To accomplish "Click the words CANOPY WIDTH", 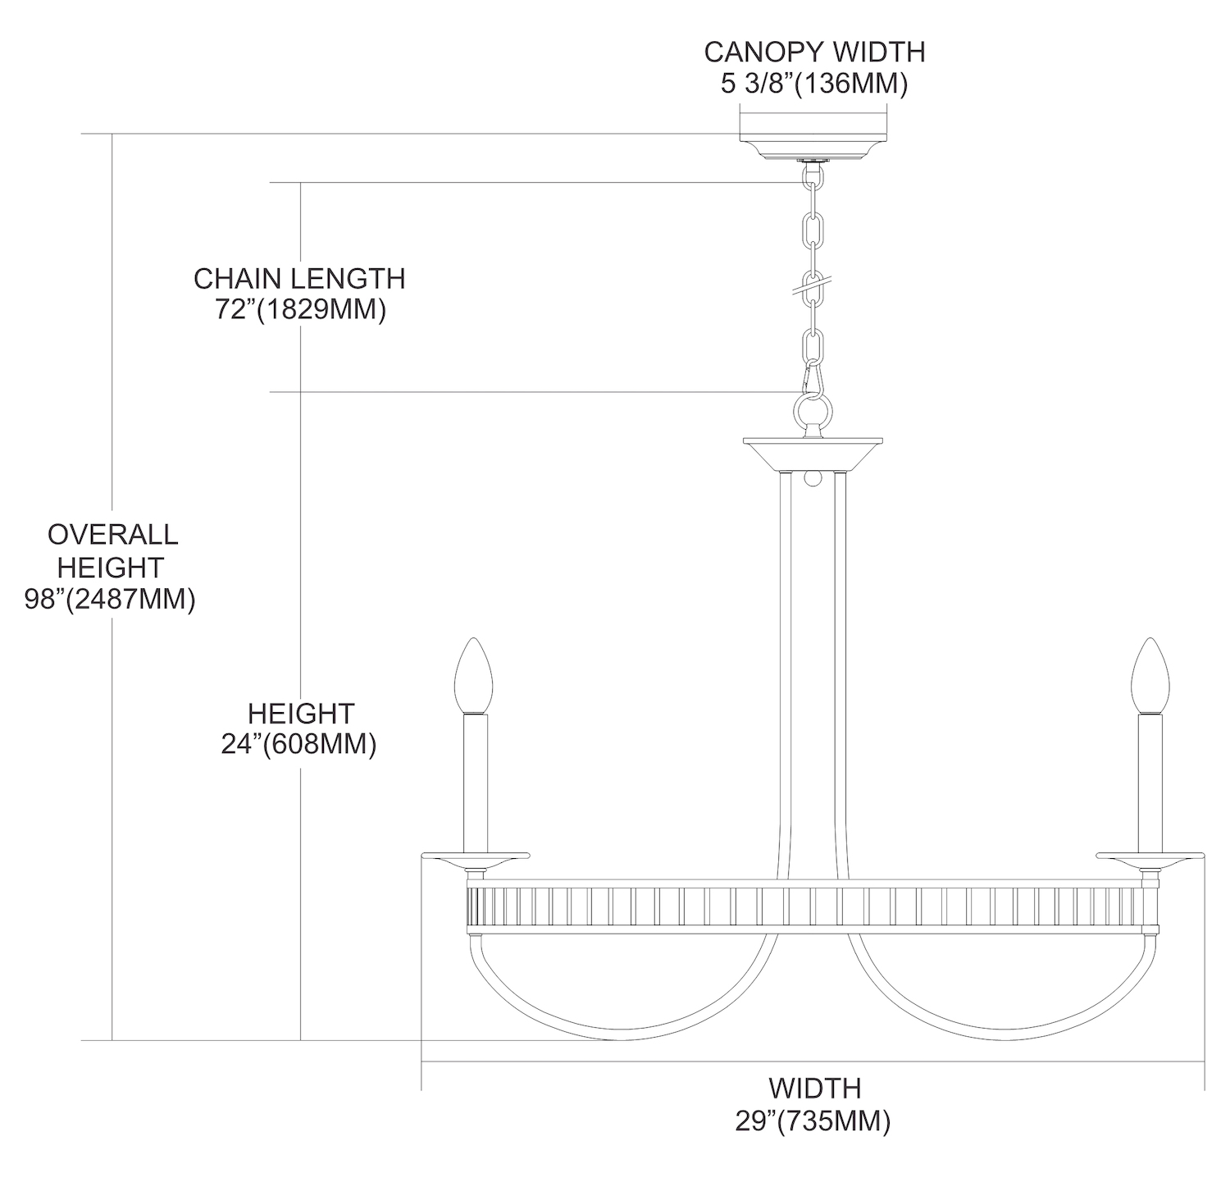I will click(814, 52).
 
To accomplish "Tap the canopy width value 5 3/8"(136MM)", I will click(814, 84).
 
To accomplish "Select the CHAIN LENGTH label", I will click(299, 279).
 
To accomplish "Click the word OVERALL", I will click(112, 534).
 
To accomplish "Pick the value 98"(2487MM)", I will click(110, 600).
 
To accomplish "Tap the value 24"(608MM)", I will click(298, 744).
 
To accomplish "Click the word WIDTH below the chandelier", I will click(814, 1089).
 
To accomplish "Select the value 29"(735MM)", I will click(812, 1121).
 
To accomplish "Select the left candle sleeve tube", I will click(475, 783).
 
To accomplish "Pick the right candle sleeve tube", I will click(1150, 783).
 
